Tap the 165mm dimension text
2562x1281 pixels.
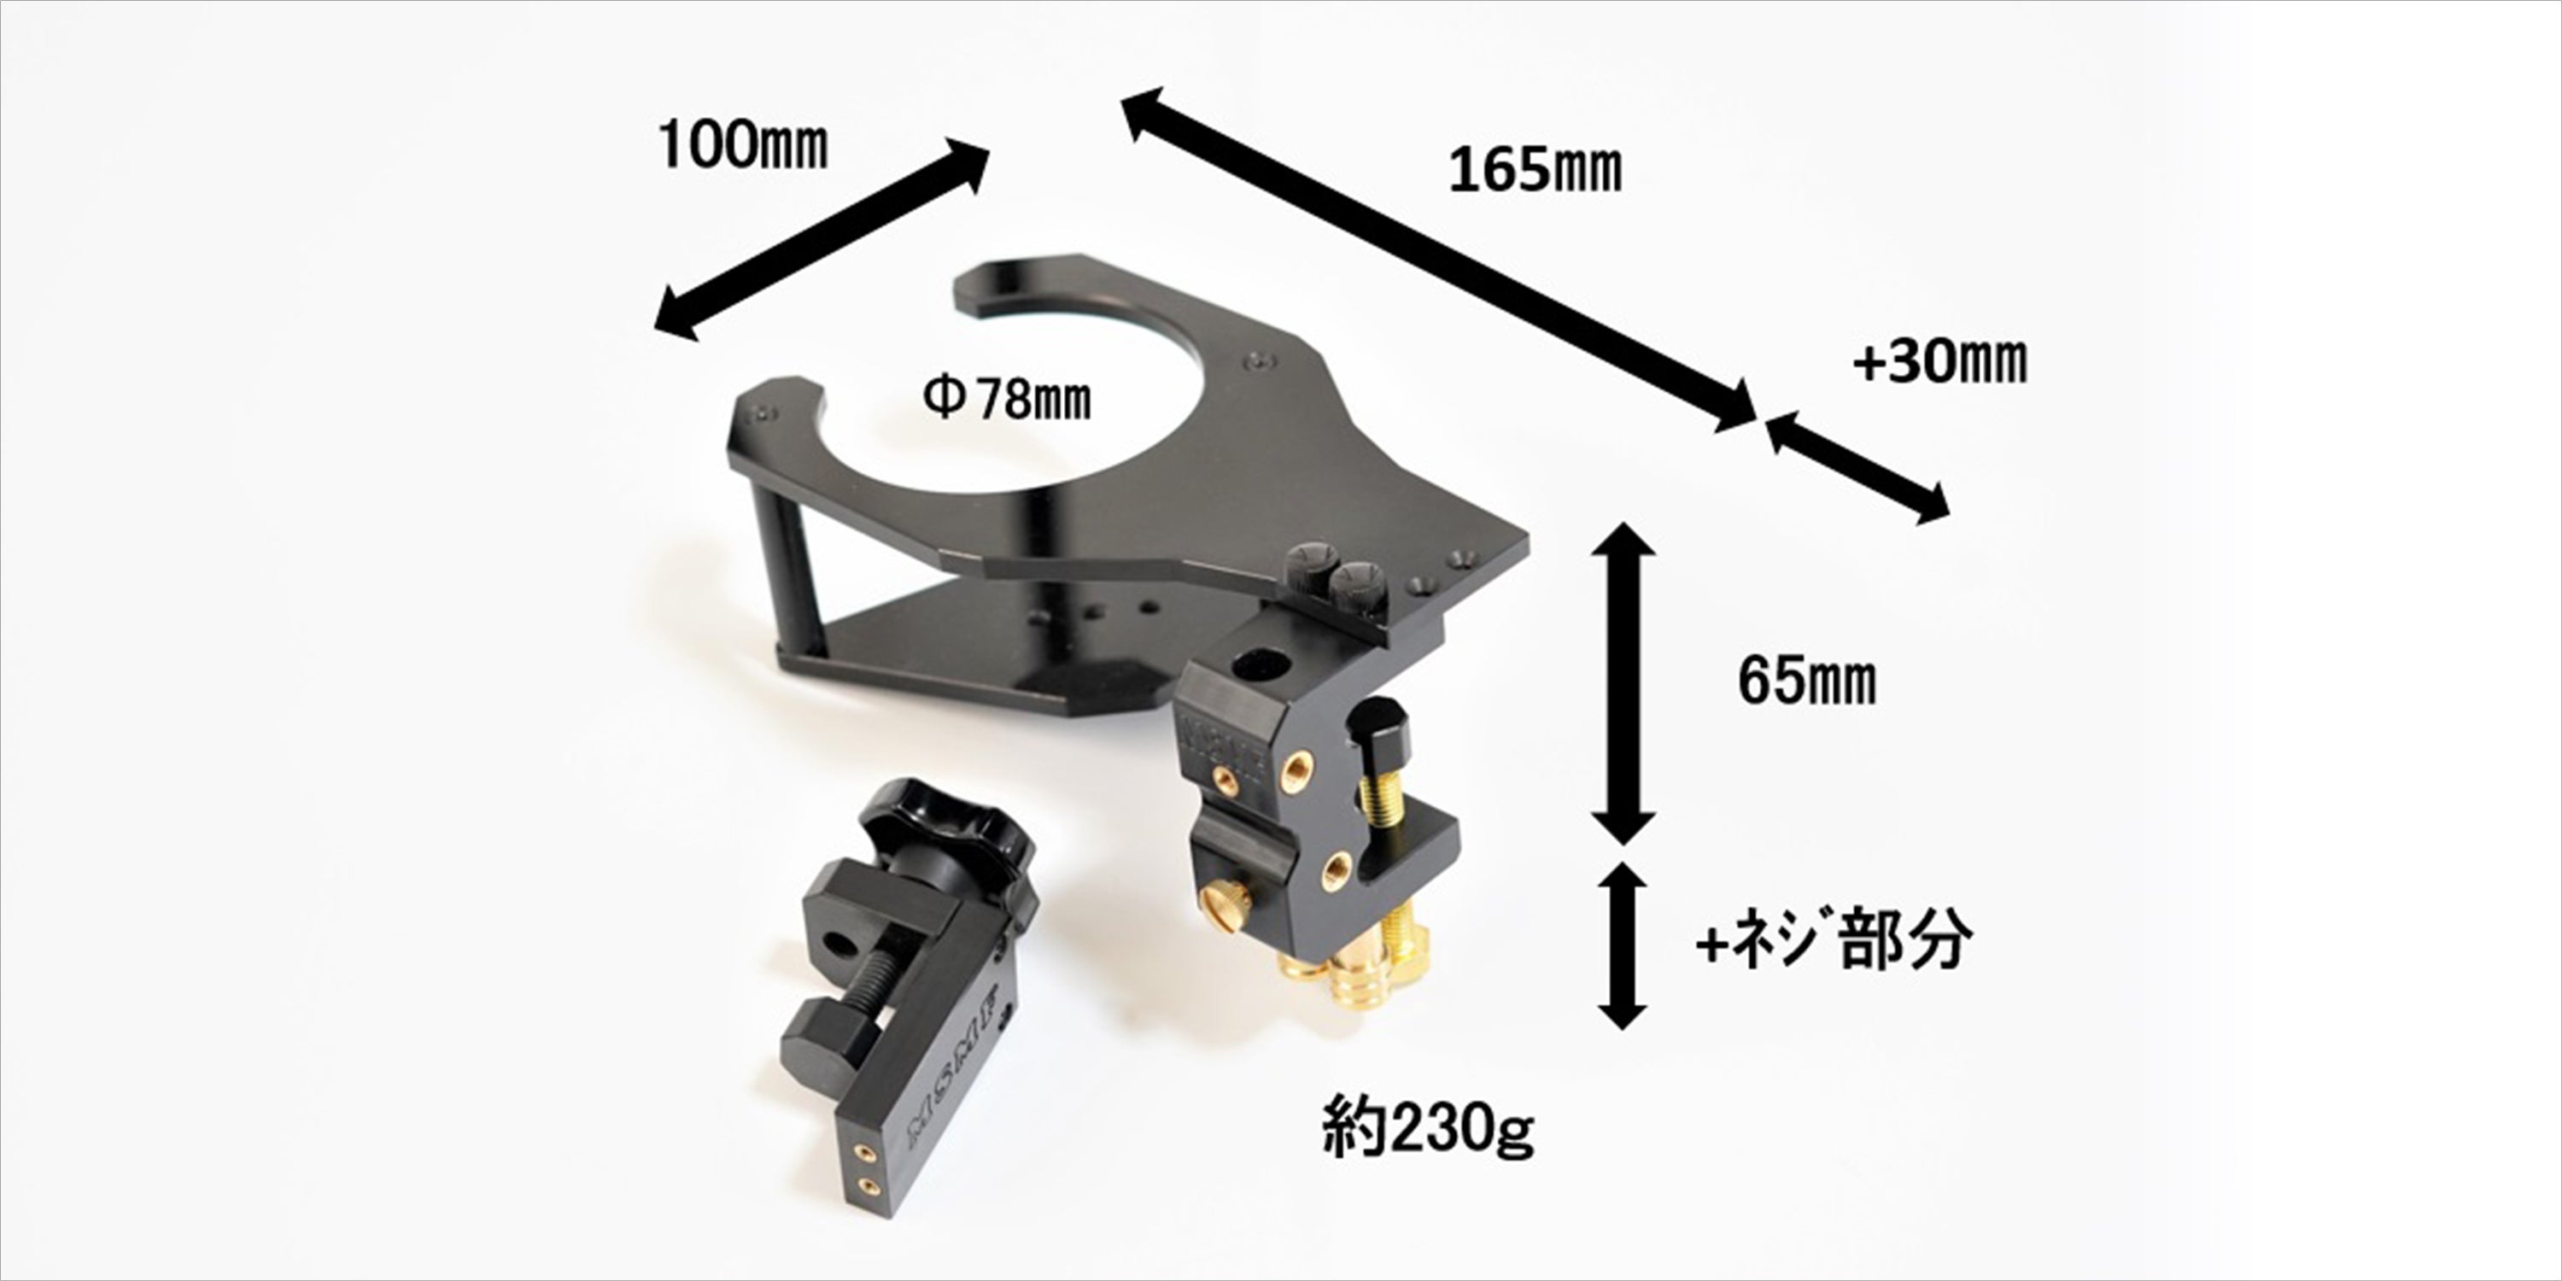point(1535,171)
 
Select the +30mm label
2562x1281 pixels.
point(1939,362)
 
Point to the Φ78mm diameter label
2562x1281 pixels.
point(1007,400)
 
